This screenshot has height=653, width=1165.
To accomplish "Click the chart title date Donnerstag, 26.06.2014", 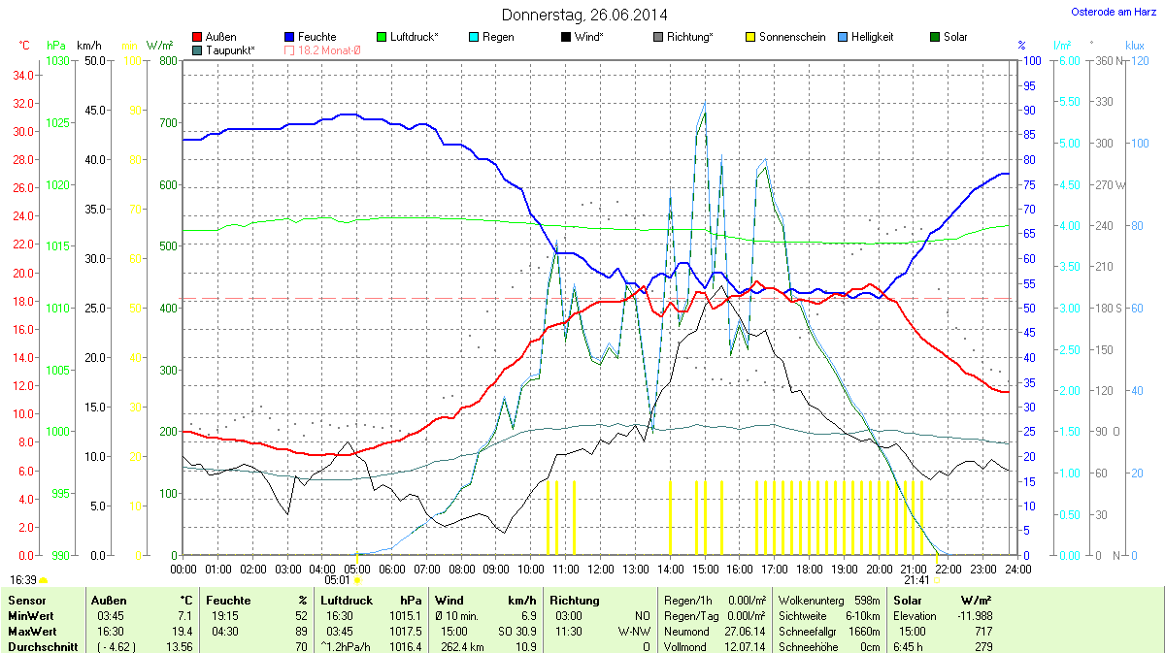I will pyautogui.click(x=584, y=15).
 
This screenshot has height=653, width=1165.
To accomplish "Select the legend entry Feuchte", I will pyautogui.click(x=317, y=37).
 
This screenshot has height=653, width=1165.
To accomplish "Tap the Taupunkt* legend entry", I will pyautogui.click(x=231, y=49).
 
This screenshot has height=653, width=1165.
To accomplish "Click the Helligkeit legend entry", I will pyautogui.click(x=872, y=37).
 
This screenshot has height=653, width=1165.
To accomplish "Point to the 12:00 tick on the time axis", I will pyautogui.click(x=601, y=568).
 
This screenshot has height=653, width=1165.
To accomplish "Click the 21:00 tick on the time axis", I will pyautogui.click(x=914, y=568).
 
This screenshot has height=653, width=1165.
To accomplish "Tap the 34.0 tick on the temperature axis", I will pyautogui.click(x=24, y=76).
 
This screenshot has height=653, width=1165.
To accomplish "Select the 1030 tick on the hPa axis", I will pyautogui.click(x=57, y=61).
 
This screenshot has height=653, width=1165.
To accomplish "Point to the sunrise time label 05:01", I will pyautogui.click(x=337, y=580).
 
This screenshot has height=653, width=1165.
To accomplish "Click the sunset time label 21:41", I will pyautogui.click(x=916, y=580).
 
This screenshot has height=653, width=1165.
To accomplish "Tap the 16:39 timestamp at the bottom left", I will pyautogui.click(x=23, y=580).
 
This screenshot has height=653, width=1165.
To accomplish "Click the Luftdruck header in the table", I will pyautogui.click(x=346, y=601).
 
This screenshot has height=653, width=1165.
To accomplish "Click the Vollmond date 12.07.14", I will pyautogui.click(x=747, y=646).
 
